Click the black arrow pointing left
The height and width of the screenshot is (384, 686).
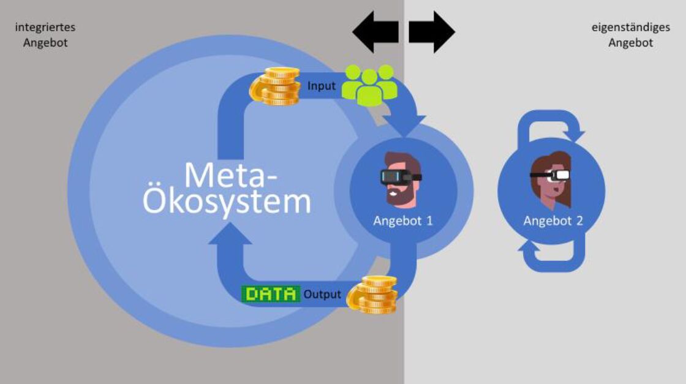tap(375, 31)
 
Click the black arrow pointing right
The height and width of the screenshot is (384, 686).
tap(432, 31)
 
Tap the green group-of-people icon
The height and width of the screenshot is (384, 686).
tap(369, 85)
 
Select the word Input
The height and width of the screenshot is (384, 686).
tap(322, 86)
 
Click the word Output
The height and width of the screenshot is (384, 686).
tap(322, 295)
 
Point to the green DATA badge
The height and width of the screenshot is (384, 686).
tap(271, 294)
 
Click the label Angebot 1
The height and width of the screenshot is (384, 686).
tap(403, 220)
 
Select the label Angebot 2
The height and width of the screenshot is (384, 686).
tap(552, 220)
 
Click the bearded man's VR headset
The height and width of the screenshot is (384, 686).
tap(398, 176)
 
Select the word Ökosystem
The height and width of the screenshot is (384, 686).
tap(227, 201)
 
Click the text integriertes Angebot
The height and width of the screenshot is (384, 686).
tap(45, 35)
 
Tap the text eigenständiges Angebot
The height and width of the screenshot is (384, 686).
tap(630, 35)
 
